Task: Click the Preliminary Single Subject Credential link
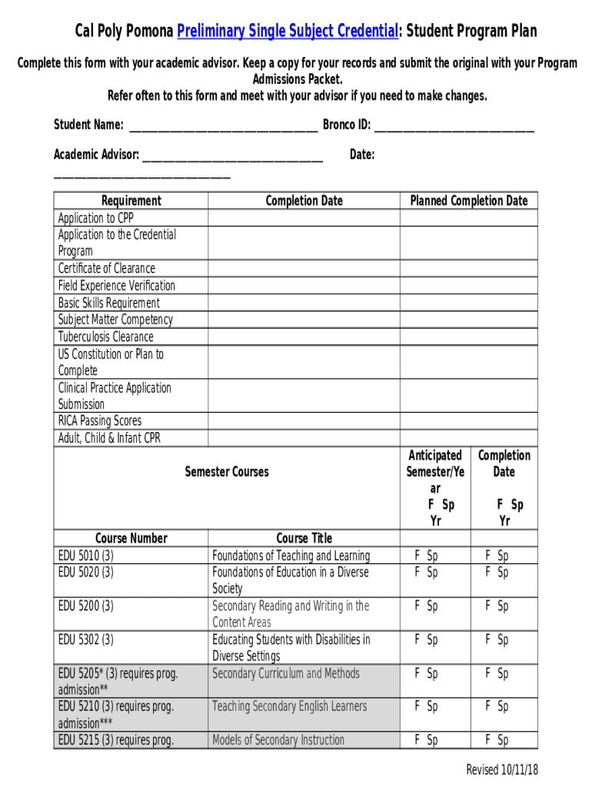[288, 32]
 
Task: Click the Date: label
[361, 155]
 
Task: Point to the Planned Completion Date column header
[468, 201]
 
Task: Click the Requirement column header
[131, 201]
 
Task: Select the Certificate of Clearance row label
[106, 268]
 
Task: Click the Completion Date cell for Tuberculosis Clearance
[303, 337]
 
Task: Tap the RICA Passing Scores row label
[100, 420]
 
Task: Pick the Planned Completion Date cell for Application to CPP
[468, 218]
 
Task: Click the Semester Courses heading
[227, 472]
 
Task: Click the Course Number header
[131, 538]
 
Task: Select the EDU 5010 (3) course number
[85, 555]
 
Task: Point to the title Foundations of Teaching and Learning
[291, 555]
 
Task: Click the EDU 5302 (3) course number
[85, 639]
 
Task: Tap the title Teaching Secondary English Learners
[289, 706]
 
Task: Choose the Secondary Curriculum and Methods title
[285, 673]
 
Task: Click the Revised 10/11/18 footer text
[501, 770]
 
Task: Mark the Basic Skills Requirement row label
[109, 303]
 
